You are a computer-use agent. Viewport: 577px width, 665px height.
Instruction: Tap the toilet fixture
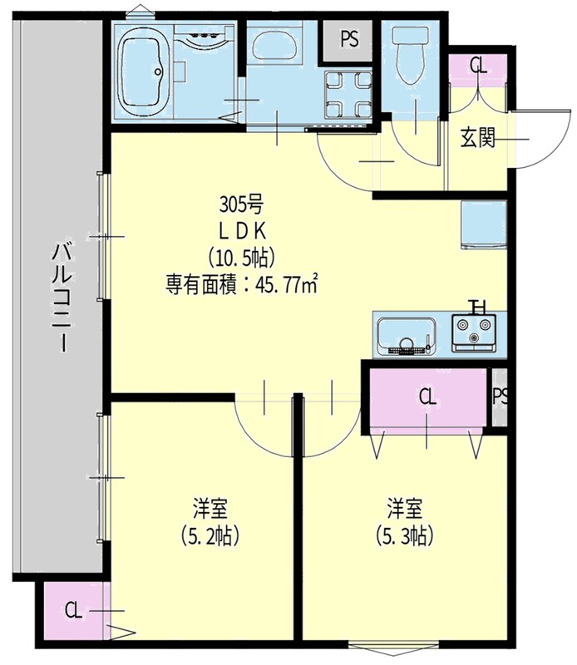[x=410, y=54]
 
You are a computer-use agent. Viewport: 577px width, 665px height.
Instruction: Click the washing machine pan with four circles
[x=348, y=94]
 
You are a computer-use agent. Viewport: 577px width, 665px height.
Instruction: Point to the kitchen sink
[x=406, y=335]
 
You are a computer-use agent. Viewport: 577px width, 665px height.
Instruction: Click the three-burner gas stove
[x=473, y=333]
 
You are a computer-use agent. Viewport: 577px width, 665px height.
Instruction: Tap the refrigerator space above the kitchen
[x=484, y=224]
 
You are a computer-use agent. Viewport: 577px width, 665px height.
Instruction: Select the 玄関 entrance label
[x=478, y=137]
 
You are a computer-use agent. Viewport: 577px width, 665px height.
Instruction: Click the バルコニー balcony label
[x=63, y=297]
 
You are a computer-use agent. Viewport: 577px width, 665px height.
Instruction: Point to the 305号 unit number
[x=241, y=205]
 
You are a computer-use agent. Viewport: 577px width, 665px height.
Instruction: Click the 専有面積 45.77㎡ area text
[x=242, y=284]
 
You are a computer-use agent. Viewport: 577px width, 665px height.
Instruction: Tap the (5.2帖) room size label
[x=210, y=536]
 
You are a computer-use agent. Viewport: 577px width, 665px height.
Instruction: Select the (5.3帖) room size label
[x=404, y=536]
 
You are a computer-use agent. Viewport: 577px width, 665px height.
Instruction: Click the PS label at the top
[x=349, y=39]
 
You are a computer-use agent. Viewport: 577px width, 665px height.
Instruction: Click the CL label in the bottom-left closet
[x=73, y=611]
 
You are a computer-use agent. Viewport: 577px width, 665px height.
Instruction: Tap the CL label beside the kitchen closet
[x=427, y=397]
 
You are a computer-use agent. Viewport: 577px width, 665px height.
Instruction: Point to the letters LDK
[x=242, y=231]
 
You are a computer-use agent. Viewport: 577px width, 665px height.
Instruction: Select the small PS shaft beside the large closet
[x=500, y=397]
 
